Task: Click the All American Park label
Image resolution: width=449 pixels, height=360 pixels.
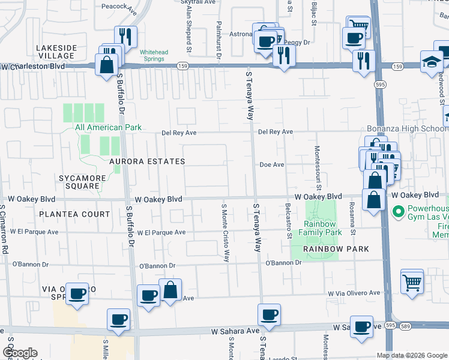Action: [100, 127]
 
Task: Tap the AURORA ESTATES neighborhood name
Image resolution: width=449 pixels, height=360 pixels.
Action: [146, 162]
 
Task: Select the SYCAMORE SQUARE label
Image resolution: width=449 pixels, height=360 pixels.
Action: [83, 182]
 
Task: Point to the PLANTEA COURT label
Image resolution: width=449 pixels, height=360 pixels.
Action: [75, 214]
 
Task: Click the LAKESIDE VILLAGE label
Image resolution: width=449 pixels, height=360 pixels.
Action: [55, 52]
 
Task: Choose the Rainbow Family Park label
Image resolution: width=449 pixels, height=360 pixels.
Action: [321, 228]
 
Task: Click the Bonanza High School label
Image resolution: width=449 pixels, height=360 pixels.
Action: [407, 129]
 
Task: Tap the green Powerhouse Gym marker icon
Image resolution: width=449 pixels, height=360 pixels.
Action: [396, 211]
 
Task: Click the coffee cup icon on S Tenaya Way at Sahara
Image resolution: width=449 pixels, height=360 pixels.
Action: [269, 313]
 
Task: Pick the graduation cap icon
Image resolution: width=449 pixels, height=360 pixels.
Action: [432, 61]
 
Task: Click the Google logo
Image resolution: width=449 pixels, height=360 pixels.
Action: [20, 353]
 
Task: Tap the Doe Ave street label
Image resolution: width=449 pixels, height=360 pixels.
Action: [271, 164]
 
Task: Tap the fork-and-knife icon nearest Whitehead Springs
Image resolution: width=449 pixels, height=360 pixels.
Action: [126, 36]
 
